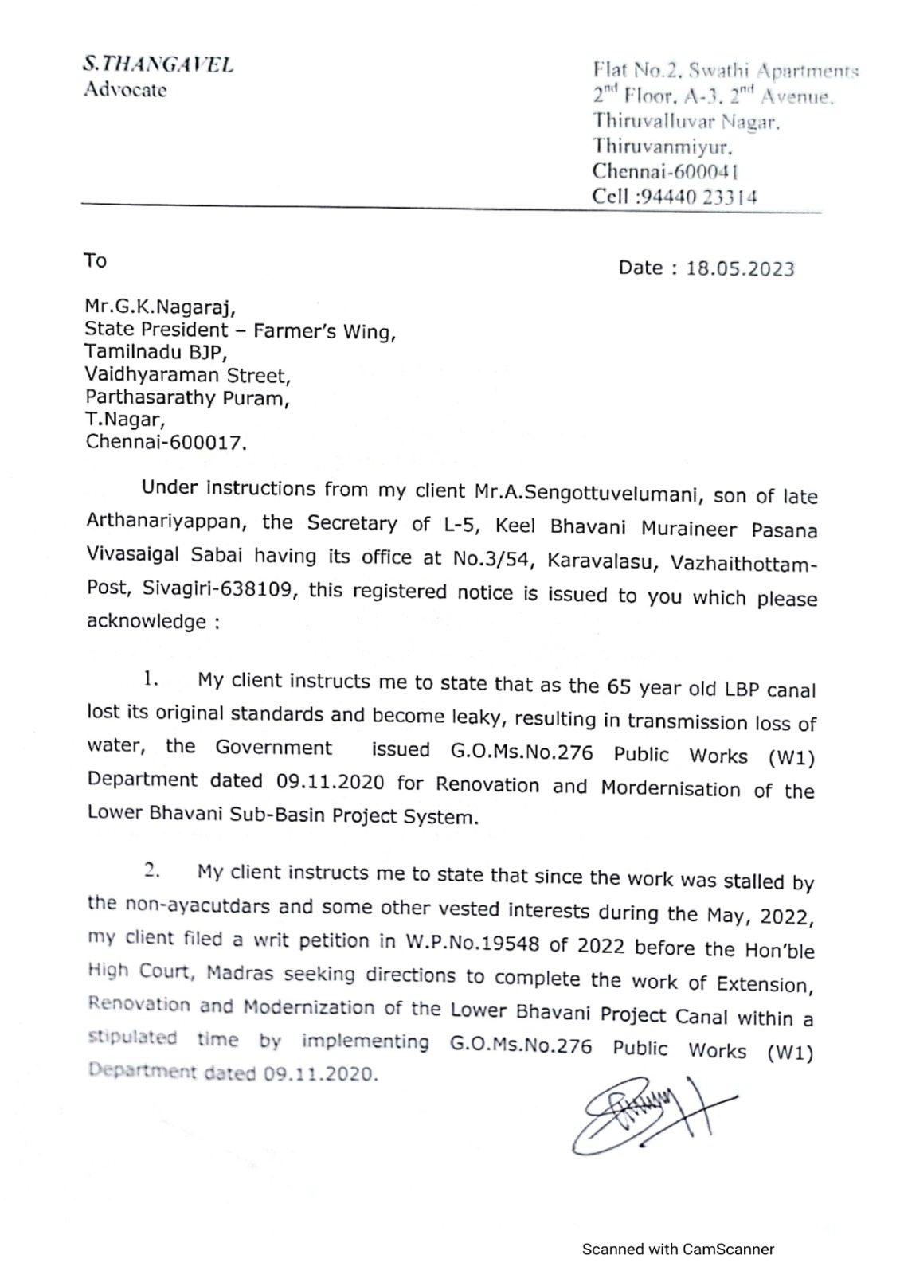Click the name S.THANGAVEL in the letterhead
pyautogui.click(x=158, y=65)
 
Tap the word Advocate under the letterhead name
pyautogui.click(x=125, y=90)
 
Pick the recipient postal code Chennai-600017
pyautogui.click(x=166, y=443)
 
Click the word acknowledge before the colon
pyautogui.click(x=147, y=622)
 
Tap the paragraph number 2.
pyautogui.click(x=152, y=870)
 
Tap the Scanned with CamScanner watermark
pyautogui.click(x=678, y=1249)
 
